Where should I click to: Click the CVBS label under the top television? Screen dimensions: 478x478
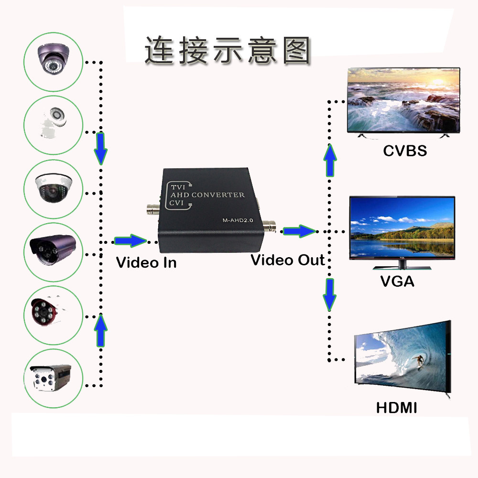404,151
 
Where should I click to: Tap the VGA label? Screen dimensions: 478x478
397,281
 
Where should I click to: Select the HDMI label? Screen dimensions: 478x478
396,408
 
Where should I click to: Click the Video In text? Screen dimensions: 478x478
146,262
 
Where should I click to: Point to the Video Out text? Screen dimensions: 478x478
288,260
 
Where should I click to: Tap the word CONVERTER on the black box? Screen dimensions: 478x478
218,195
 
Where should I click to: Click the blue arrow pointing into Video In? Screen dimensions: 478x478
130,240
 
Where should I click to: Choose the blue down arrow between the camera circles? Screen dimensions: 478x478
100,149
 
